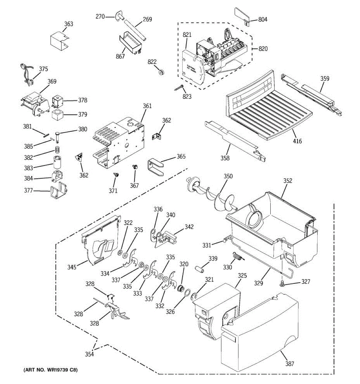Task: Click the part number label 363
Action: pos(69,24)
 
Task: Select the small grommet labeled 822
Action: pos(161,73)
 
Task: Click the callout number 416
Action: pos(297,141)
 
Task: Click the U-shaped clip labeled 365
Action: pos(156,167)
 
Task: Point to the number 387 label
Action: pos(290,364)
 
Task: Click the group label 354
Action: pos(89,354)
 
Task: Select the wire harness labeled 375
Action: pos(27,75)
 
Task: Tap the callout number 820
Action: pos(263,49)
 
